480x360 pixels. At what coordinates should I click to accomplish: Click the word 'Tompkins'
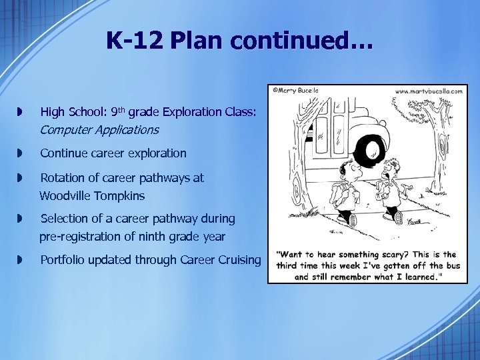point(120,196)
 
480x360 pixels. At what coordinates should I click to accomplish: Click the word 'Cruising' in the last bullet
point(239,260)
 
